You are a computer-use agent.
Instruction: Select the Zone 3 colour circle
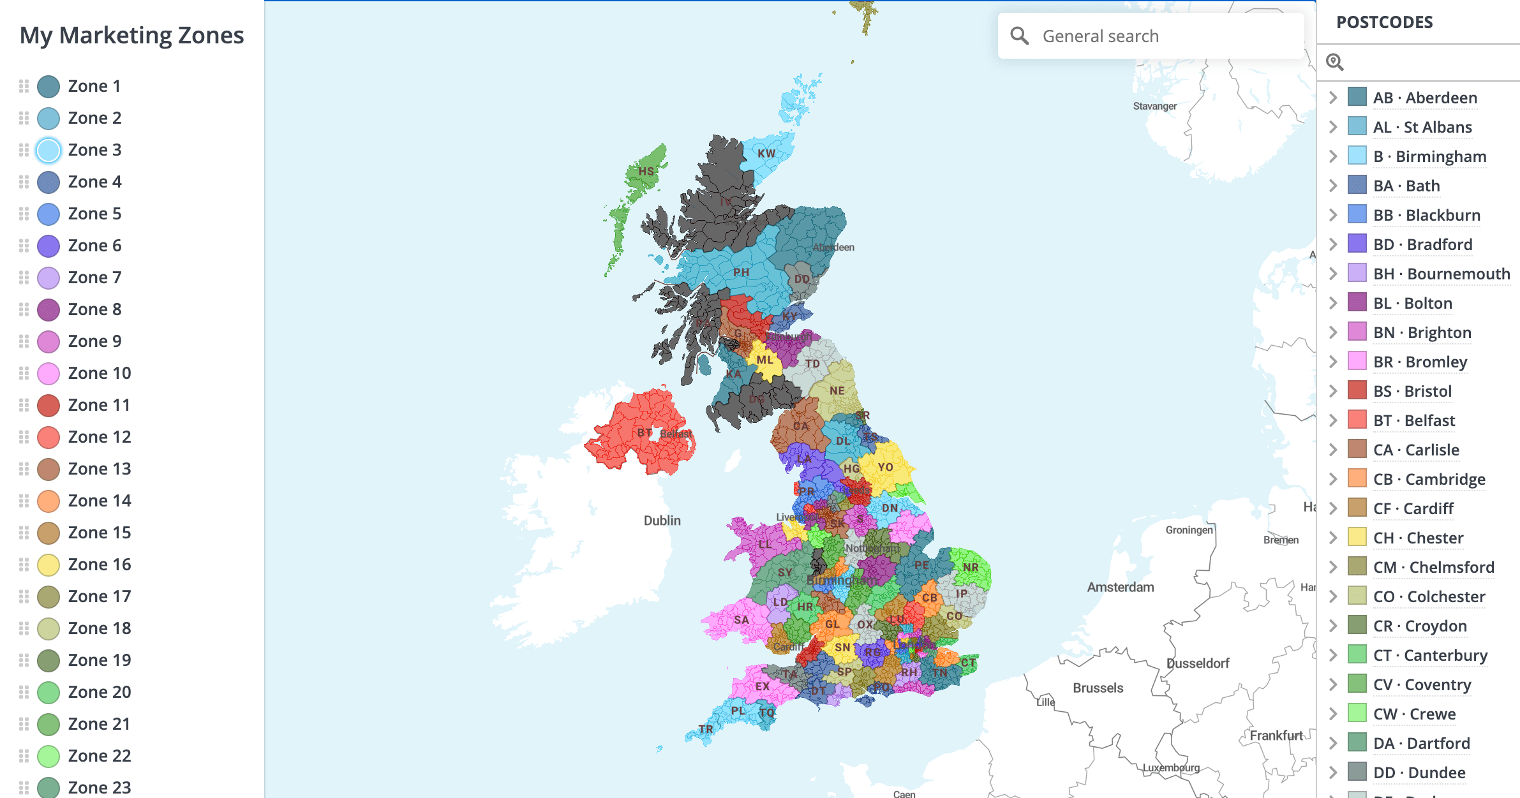point(48,151)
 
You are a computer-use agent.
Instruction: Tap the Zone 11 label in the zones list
point(99,405)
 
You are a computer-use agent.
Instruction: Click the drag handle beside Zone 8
point(24,309)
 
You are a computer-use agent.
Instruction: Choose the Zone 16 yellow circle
point(48,565)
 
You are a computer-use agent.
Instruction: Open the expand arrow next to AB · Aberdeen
point(1333,98)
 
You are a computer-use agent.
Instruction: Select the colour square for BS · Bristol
point(1357,390)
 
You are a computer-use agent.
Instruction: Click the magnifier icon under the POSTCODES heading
point(1335,62)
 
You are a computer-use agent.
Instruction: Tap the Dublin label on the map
point(662,521)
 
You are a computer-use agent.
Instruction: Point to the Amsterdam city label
point(1121,587)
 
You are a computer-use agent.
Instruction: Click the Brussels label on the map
point(1098,688)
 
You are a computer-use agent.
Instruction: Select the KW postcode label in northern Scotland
point(766,154)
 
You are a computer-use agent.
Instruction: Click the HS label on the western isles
point(646,171)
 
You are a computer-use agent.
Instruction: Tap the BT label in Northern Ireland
point(645,432)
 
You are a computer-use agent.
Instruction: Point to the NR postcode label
point(971,567)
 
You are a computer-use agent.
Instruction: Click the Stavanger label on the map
point(1154,106)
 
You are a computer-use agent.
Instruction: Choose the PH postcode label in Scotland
point(741,272)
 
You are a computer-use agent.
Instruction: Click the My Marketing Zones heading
point(131,35)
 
